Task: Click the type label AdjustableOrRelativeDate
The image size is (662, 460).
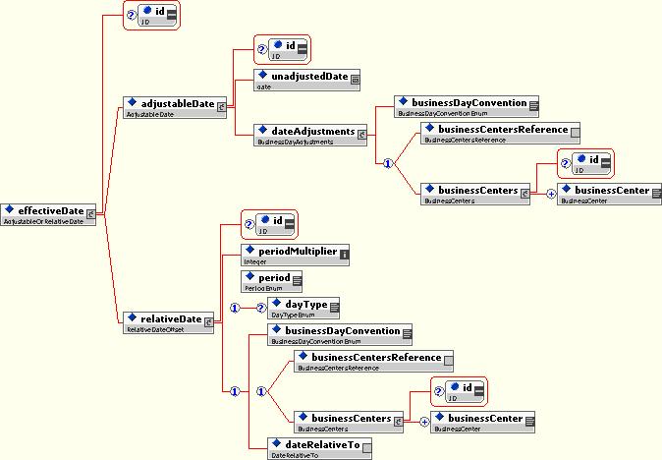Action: pos(45,222)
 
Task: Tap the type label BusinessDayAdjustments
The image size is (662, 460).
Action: pos(294,143)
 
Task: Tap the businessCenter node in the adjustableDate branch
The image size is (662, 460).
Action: pos(608,190)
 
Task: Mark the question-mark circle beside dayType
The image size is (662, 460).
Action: pos(261,308)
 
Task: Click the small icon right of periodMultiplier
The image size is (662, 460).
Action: pos(345,254)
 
